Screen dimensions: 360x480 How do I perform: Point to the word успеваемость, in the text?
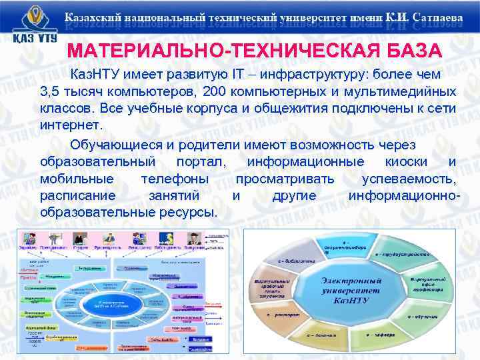pyautogui.click(x=409, y=179)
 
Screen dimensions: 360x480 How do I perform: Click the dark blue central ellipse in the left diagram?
pyautogui.click(x=111, y=303)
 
